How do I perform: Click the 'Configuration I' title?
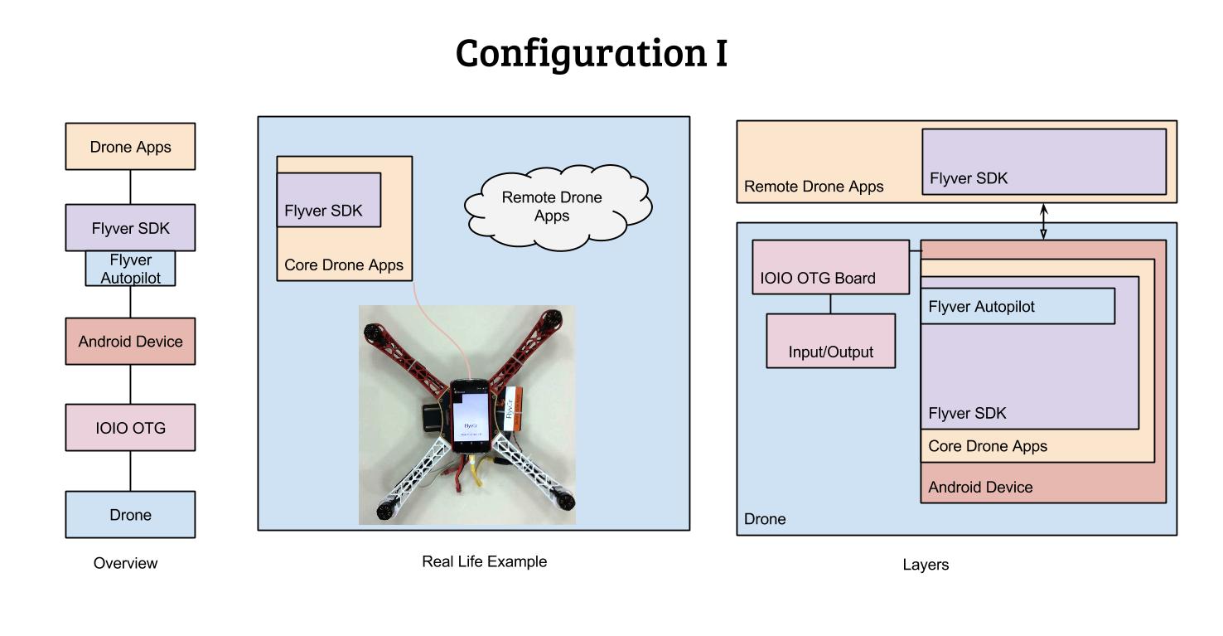point(591,53)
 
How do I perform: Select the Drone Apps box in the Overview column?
point(130,147)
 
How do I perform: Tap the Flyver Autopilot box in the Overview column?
point(130,269)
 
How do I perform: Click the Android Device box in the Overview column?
point(130,341)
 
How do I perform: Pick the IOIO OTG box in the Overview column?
point(130,428)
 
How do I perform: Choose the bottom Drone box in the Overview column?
point(130,515)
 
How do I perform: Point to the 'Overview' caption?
point(125,564)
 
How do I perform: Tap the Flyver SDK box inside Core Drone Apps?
point(328,200)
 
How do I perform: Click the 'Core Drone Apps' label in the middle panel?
point(344,265)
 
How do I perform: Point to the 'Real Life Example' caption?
point(485,561)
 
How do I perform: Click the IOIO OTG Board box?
point(830,267)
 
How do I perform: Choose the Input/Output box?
point(830,341)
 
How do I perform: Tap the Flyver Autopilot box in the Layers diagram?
point(1017,307)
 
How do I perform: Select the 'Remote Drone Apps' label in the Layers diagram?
point(814,187)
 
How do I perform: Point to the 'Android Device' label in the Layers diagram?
point(980,487)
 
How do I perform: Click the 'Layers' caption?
point(926,565)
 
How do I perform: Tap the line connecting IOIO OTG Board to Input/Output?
point(830,303)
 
